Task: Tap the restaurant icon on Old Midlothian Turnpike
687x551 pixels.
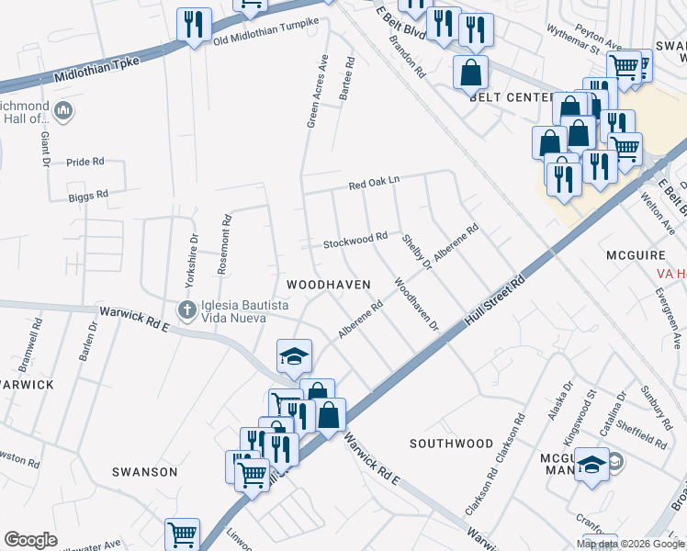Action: coord(194,26)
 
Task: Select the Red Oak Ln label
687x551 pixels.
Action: coord(374,185)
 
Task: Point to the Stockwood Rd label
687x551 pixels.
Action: coord(355,241)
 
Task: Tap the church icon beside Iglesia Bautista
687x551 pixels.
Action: coord(186,309)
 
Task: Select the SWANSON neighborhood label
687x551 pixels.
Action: coord(144,472)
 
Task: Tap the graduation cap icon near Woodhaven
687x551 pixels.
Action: coord(294,354)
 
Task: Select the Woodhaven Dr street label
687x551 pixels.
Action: coord(417,304)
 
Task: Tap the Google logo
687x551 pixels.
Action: coord(30,540)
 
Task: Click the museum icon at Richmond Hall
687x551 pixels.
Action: coord(63,112)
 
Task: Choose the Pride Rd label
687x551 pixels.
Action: coord(84,162)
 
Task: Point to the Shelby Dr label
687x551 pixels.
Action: coord(416,252)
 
